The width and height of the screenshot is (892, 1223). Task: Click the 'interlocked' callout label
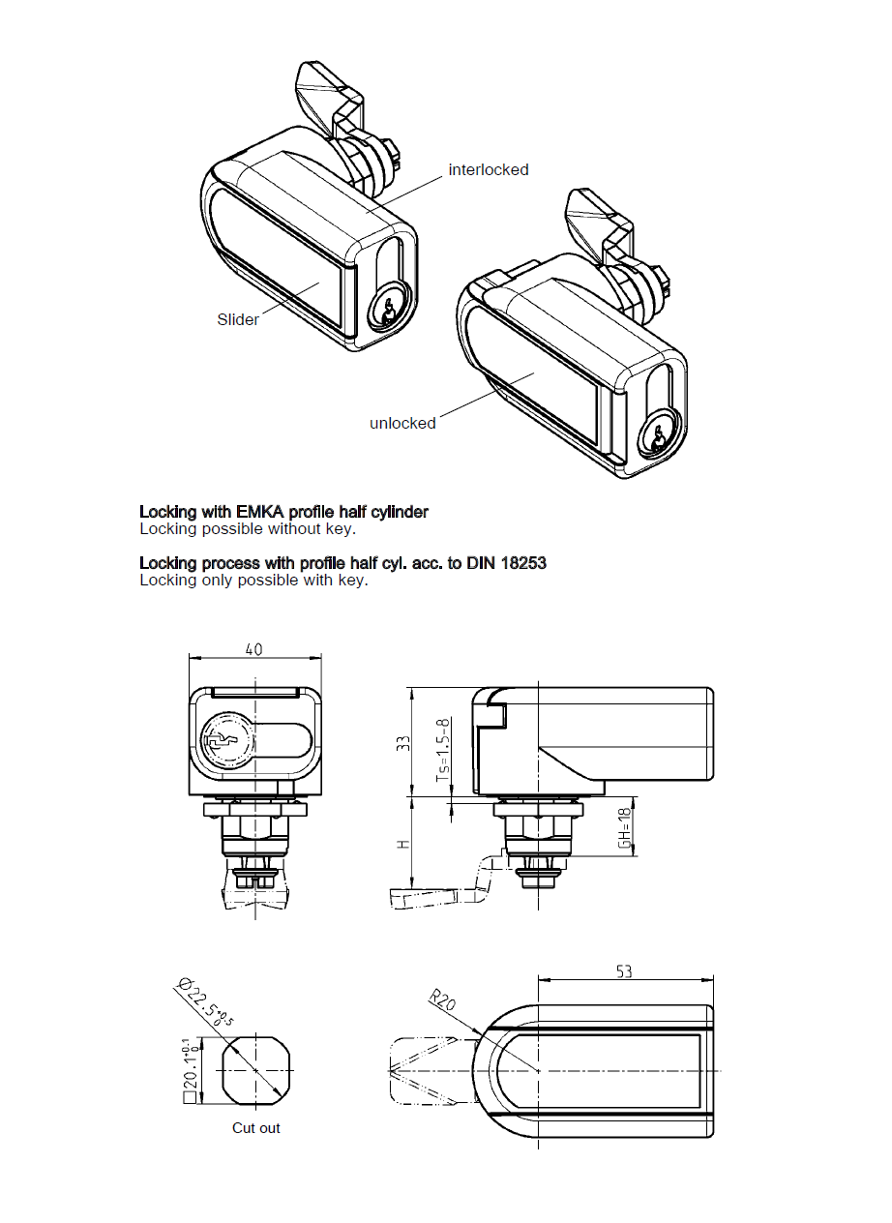488,169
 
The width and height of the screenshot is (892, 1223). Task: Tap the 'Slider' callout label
238,319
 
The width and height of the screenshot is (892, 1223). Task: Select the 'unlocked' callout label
402,423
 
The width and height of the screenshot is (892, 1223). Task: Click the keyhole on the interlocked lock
388,309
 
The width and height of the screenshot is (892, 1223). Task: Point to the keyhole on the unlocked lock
658,437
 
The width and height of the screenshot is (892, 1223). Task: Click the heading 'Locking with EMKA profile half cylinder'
283,511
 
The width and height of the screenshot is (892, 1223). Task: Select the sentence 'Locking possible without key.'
248,528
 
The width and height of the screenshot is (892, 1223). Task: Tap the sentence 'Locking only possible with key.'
253,581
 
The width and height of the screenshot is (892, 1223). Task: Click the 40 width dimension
253,650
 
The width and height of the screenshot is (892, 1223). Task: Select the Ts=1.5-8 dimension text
443,751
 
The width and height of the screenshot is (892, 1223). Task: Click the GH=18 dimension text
626,827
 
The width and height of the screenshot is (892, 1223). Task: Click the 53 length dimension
624,971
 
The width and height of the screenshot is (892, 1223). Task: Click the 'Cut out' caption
256,1127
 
